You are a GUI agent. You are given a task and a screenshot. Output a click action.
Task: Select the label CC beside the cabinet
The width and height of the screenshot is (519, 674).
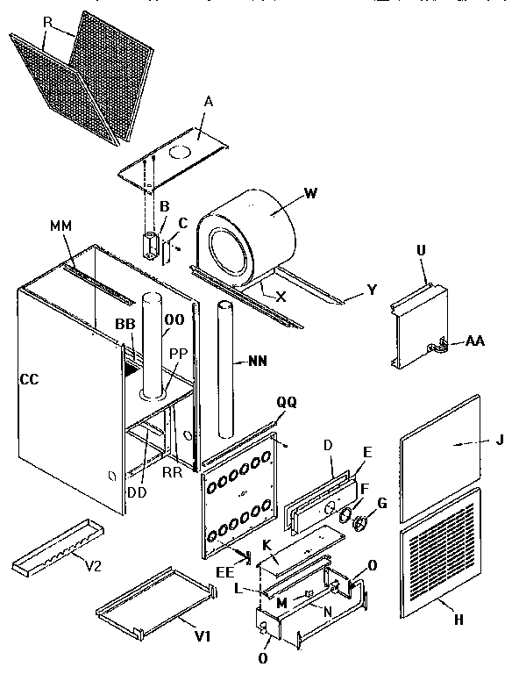[x=29, y=379]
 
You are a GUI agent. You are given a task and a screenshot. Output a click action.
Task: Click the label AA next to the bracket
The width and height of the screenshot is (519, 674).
[x=477, y=340]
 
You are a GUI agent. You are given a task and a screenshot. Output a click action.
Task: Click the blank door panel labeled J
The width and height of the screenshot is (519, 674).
[x=440, y=456]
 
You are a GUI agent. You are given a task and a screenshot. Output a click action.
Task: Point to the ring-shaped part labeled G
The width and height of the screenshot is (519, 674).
[x=361, y=524]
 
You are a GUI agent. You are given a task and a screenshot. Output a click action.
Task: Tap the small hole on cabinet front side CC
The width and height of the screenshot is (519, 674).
[x=109, y=476]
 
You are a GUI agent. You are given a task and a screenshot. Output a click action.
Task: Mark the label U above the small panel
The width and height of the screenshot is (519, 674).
[x=420, y=251]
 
